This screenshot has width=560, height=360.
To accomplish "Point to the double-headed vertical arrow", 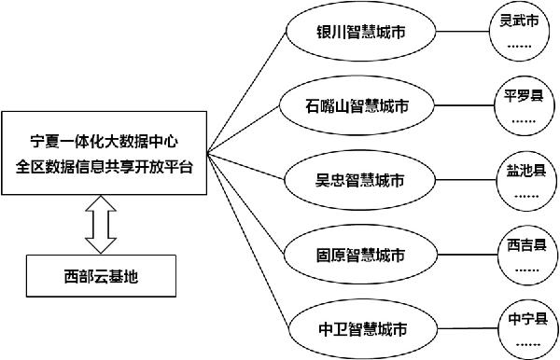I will pyautogui.click(x=101, y=225).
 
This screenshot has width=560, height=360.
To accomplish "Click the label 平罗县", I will pyautogui.click(x=522, y=95).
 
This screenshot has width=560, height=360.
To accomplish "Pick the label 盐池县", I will pyautogui.click(x=522, y=169).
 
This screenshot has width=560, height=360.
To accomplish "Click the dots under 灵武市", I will pyautogui.click(x=521, y=44).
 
